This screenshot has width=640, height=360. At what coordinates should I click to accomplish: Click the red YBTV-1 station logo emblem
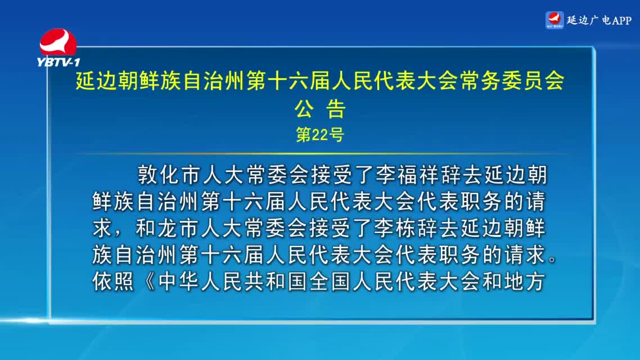58,42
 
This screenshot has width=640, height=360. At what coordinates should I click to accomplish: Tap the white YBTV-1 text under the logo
58,62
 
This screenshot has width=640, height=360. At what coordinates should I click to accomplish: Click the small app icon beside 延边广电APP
555,20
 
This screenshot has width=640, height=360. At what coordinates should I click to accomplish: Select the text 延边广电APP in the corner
599,20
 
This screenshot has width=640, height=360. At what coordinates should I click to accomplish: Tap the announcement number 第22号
320,134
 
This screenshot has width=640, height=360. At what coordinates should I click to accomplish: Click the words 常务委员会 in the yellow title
512,80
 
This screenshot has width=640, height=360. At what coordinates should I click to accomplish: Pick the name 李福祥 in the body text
408,175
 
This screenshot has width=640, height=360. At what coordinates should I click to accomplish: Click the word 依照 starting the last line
113,282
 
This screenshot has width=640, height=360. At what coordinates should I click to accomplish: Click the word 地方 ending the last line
525,282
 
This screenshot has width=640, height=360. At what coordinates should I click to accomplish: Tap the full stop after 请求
552,259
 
